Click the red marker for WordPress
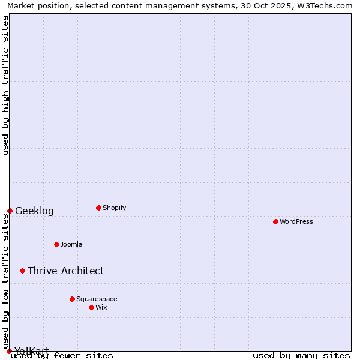[275, 222]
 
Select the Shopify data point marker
[98, 208]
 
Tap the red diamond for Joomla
[56, 244]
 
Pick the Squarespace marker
[72, 299]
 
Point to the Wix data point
[91, 307]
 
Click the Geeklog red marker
[10, 211]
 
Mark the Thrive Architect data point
[22, 271]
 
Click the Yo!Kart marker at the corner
[9, 351]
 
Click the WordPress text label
[296, 222]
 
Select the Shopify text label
[114, 208]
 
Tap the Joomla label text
[71, 244]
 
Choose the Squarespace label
[97, 299]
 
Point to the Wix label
[101, 307]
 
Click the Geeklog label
[34, 211]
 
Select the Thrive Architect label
[65, 271]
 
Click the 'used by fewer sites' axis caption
[62, 356]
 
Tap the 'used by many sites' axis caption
[301, 356]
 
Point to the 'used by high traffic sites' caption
[6, 85]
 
